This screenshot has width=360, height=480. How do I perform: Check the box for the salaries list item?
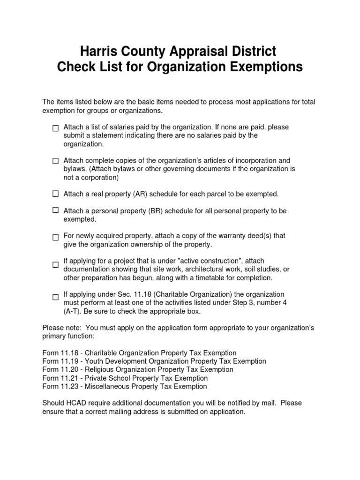point(55,128)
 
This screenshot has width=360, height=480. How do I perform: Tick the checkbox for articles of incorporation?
point(55,161)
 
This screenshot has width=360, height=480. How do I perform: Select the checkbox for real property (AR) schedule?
point(55,193)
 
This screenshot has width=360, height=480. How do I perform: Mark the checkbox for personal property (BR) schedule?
point(55,210)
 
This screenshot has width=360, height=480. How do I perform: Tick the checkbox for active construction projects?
point(55,265)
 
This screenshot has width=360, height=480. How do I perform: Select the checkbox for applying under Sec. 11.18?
point(55,297)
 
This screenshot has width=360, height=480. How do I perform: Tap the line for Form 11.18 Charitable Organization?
point(139,353)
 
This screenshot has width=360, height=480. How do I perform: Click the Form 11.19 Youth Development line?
point(154,361)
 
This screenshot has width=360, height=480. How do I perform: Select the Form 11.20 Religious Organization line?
point(137,370)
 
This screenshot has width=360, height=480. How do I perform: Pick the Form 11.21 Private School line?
point(131,378)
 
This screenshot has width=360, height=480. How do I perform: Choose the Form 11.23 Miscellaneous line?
point(124,387)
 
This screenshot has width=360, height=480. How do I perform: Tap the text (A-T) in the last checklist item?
point(73,311)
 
